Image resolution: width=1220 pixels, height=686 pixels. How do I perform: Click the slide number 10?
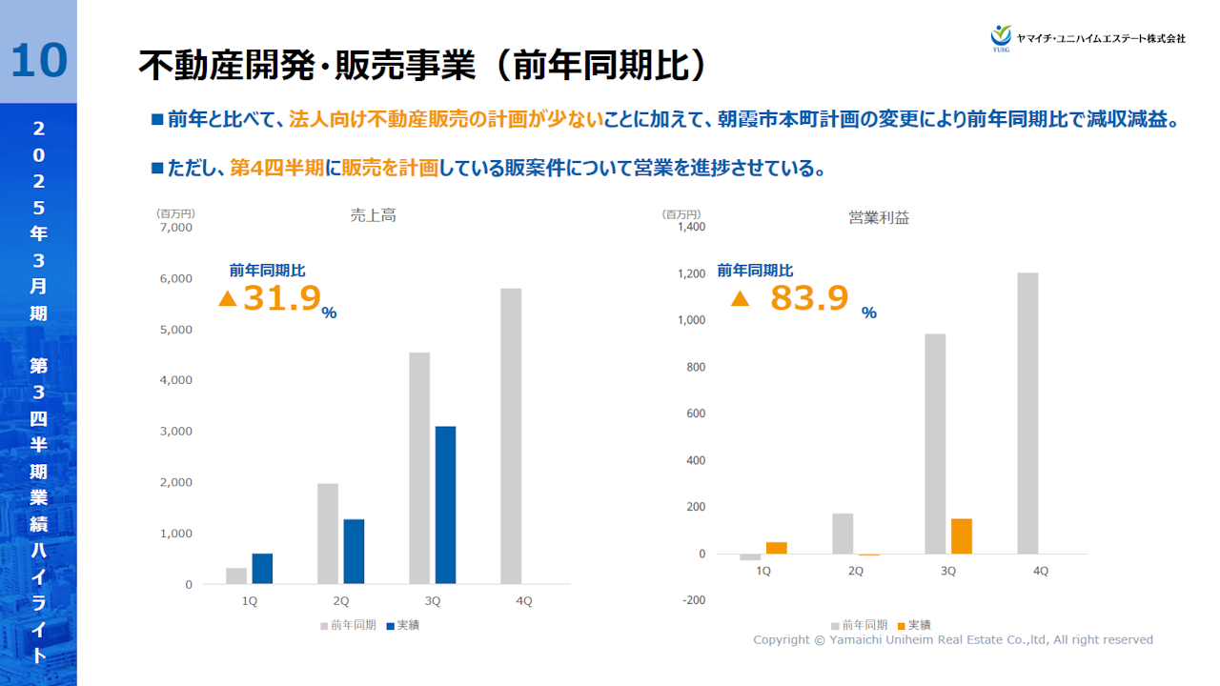(x=38, y=59)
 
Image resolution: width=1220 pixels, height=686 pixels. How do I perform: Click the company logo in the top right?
(x=1001, y=36)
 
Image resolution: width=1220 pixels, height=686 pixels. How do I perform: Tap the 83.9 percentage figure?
(x=809, y=298)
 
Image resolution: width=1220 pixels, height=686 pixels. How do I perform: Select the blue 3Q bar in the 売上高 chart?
(x=445, y=505)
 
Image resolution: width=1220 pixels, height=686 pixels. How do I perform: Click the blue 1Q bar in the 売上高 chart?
(x=262, y=568)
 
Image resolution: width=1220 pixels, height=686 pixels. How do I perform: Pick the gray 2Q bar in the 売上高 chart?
(x=328, y=534)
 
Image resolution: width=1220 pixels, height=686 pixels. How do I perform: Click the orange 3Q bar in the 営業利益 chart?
(x=961, y=536)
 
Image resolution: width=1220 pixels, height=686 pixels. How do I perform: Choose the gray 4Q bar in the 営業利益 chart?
(x=1027, y=413)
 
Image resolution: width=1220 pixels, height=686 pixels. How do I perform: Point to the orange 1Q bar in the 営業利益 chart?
(x=777, y=548)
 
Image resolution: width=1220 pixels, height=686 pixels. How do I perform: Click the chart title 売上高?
(x=373, y=216)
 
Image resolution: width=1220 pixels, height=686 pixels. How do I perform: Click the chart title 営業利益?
(x=879, y=218)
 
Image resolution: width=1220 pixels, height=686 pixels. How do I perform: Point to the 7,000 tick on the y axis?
(x=176, y=228)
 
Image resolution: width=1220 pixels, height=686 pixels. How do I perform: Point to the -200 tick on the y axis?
(x=692, y=600)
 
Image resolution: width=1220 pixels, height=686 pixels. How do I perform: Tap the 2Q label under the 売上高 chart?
(x=340, y=601)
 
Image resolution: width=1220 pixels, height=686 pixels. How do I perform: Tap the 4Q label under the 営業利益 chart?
(x=1040, y=571)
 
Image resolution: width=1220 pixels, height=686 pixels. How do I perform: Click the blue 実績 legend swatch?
(x=391, y=626)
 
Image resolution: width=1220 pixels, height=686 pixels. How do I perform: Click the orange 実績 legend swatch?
(x=902, y=626)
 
